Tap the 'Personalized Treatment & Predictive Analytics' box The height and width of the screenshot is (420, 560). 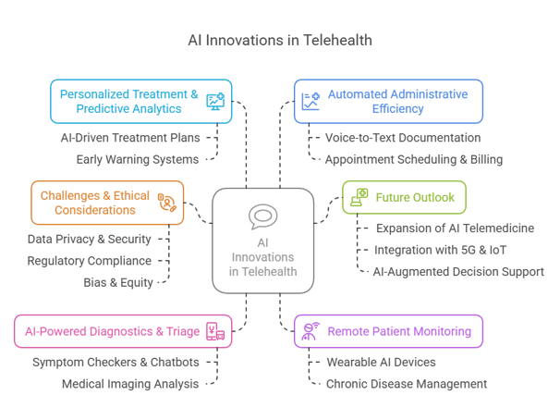[140, 102]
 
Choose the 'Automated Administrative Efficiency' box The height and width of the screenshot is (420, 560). [387, 102]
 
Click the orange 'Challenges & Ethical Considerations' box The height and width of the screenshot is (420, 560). [107, 203]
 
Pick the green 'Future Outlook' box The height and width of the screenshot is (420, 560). [405, 197]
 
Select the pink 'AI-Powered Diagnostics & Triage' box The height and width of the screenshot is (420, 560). [122, 331]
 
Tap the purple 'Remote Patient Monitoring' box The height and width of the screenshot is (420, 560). [387, 331]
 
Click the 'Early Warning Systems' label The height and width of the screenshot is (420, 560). [138, 159]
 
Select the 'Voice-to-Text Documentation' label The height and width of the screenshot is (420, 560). [402, 138]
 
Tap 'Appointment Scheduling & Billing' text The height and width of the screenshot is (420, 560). [413, 159]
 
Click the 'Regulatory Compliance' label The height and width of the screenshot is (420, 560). [89, 261]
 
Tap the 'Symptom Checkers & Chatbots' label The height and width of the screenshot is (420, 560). [115, 362]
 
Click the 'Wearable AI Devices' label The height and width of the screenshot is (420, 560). [379, 362]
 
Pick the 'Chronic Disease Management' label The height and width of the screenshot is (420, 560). [406, 383]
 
